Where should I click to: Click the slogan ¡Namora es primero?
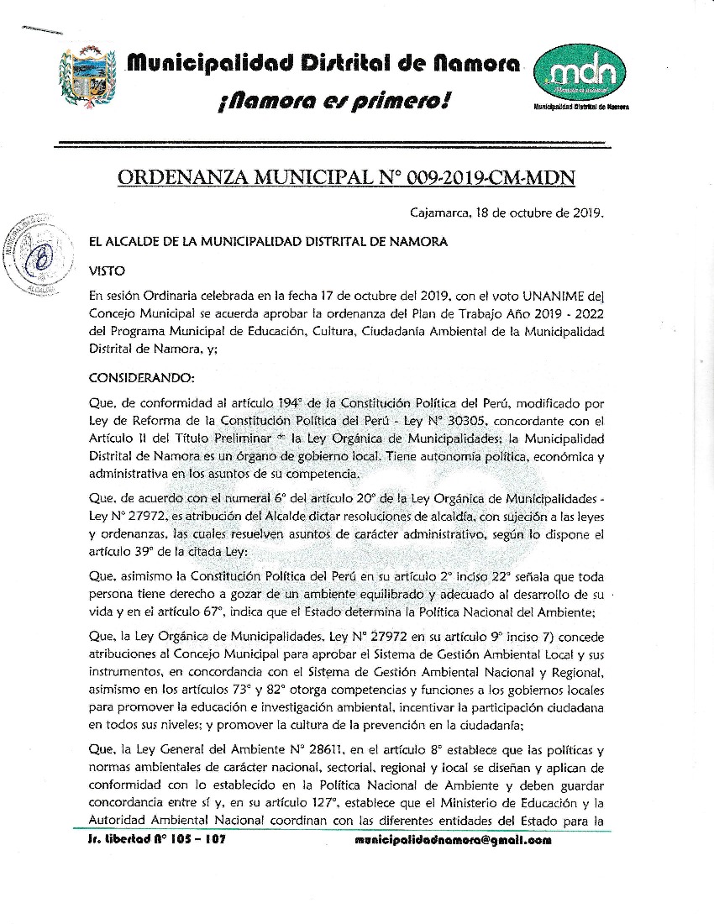click(333, 102)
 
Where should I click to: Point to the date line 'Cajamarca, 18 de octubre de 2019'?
click(507, 213)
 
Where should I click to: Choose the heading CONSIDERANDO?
click(141, 377)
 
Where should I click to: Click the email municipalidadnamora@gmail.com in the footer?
click(453, 840)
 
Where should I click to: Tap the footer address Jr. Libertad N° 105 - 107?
click(157, 840)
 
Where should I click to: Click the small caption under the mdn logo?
click(581, 108)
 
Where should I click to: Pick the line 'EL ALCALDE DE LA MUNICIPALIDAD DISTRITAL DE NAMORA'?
click(268, 242)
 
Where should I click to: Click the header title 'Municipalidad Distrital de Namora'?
click(323, 63)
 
